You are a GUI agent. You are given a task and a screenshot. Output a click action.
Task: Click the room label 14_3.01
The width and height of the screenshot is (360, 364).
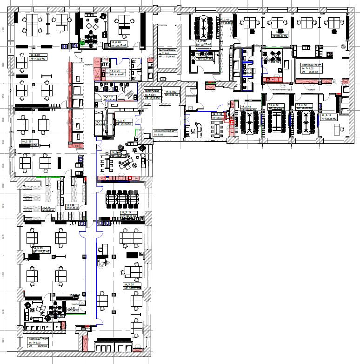pyautogui.click(x=21, y=56)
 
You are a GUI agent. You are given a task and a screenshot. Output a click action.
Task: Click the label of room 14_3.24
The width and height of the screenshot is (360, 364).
pyautogui.click(x=48, y=207)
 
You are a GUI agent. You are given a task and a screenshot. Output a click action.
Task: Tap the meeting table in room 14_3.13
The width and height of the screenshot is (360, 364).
pyautogui.click(x=277, y=123)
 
